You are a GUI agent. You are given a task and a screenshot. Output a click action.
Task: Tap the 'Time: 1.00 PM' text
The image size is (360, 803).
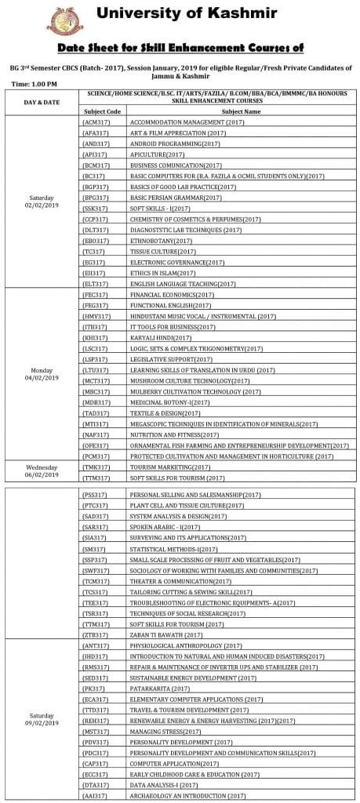click(x=34, y=83)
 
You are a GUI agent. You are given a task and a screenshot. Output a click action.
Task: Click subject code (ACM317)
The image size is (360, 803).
click(x=95, y=122)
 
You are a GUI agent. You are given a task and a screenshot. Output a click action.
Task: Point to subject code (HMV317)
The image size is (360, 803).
click(x=95, y=315)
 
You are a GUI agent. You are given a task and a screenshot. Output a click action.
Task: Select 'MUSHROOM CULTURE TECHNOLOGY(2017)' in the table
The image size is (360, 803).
click(x=184, y=380)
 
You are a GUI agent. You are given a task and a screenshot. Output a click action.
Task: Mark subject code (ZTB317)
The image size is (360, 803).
click(x=95, y=634)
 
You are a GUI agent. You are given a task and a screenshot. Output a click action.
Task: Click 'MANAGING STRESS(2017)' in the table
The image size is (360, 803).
click(x=165, y=731)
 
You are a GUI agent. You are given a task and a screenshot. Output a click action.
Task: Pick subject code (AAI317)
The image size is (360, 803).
click(x=95, y=795)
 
